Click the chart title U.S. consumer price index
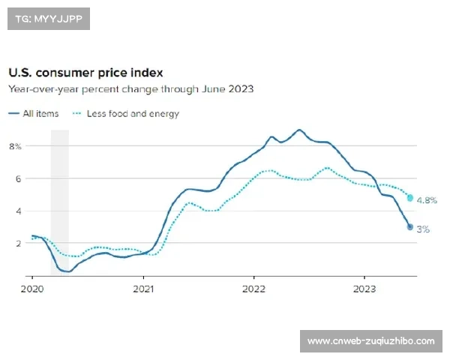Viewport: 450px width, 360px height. [x=85, y=73]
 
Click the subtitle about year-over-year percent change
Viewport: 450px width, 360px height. [x=130, y=89]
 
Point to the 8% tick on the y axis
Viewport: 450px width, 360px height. [x=15, y=146]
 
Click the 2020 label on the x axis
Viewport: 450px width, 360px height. [x=32, y=287]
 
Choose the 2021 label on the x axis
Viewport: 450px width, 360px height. [x=143, y=287]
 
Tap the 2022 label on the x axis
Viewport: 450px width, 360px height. [x=253, y=287]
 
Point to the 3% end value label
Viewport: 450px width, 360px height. [x=423, y=229]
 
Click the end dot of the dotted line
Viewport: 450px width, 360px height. [x=410, y=198]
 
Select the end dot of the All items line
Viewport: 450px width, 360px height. [x=410, y=226]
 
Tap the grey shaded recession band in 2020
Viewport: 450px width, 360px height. [x=59, y=202]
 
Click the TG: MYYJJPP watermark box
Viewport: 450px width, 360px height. [x=47, y=19]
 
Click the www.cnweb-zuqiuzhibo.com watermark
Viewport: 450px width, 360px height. [x=371, y=341]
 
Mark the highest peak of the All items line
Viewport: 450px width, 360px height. [x=299, y=130]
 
